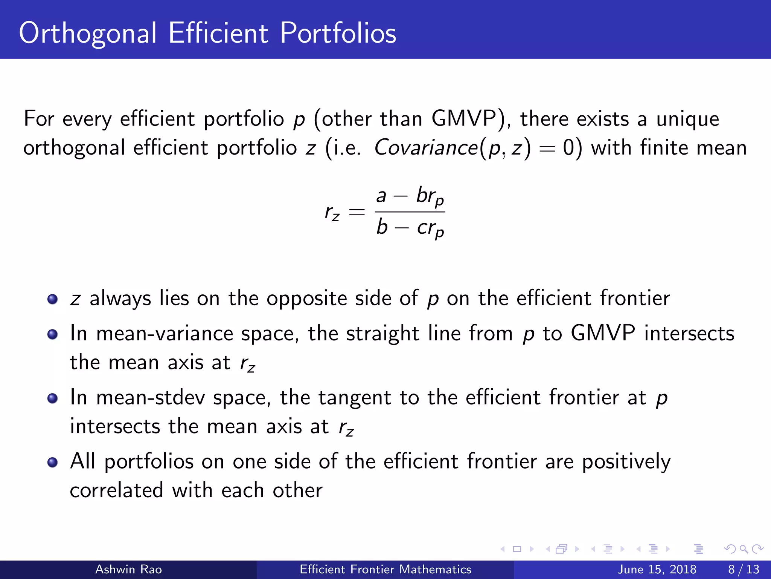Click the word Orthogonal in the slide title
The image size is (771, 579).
click(87, 33)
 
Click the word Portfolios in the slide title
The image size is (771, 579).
click(338, 33)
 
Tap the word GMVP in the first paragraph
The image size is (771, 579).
click(464, 119)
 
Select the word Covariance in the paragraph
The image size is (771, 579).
click(426, 147)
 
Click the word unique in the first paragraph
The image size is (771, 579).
click(687, 119)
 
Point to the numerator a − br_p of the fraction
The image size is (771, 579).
click(410, 196)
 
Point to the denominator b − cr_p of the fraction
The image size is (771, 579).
click(410, 227)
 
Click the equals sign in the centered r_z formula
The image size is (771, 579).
click(357, 212)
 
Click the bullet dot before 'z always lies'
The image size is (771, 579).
click(52, 299)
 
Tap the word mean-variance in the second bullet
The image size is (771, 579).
click(165, 334)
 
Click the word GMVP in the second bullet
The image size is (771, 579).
click(603, 334)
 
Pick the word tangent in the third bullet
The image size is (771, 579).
click(354, 398)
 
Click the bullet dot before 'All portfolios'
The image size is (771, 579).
click(52, 462)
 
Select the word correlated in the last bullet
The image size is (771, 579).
click(116, 490)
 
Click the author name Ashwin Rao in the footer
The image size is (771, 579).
click(128, 569)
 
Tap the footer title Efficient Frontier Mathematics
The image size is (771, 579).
click(385, 569)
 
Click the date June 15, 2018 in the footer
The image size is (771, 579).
click(657, 569)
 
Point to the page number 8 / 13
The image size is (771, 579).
click(744, 569)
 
